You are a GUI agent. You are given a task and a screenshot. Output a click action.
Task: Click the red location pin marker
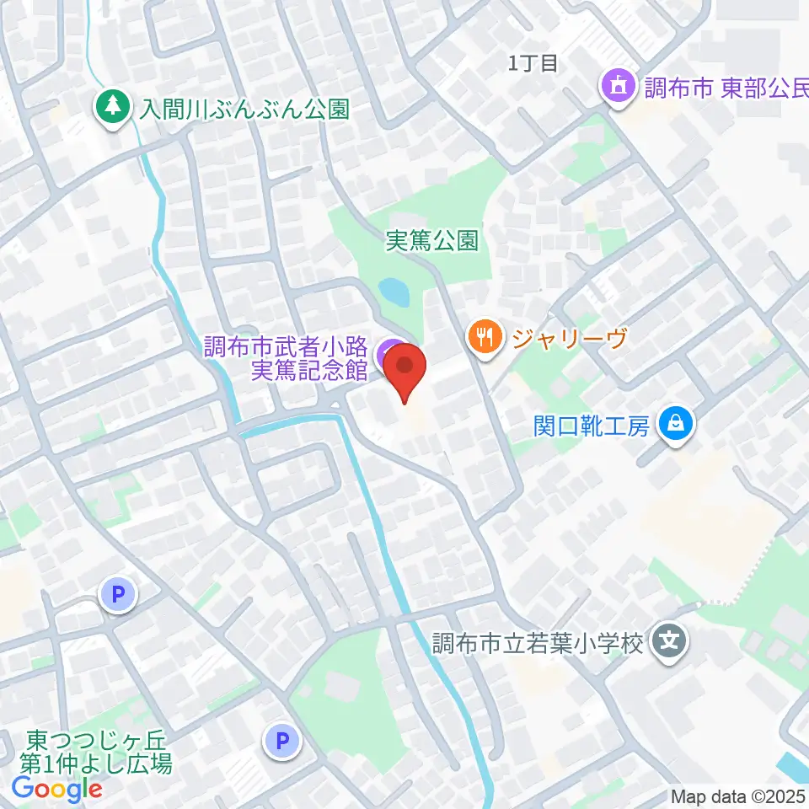click(x=405, y=372)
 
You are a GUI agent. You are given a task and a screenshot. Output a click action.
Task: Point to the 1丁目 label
click(x=533, y=62)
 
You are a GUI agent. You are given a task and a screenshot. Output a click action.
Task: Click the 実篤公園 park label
click(x=432, y=242)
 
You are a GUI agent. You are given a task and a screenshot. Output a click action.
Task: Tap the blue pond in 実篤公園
click(x=394, y=292)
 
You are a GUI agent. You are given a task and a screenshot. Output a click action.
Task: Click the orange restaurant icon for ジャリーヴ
click(x=485, y=338)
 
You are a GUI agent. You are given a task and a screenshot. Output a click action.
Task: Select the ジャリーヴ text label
click(x=571, y=339)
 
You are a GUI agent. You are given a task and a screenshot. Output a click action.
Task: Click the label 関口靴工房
click(x=592, y=426)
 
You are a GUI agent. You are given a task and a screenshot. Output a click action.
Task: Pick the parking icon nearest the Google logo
click(x=282, y=742)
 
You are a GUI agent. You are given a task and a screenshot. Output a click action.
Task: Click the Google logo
click(x=56, y=789)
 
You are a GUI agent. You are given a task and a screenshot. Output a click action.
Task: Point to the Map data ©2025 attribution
click(x=738, y=796)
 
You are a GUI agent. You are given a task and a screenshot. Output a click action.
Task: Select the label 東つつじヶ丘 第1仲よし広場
click(x=99, y=752)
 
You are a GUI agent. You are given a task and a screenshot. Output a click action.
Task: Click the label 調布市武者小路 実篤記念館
click(x=287, y=358)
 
